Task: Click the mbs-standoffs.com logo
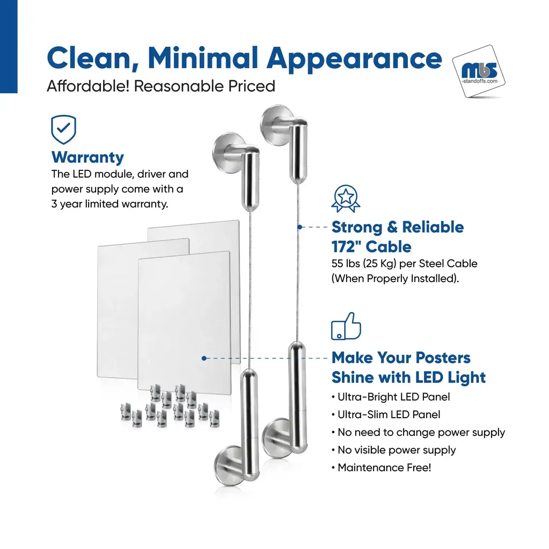[x=479, y=71]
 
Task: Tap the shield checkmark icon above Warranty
[x=63, y=130]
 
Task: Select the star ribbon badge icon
[x=346, y=198]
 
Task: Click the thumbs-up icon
[x=346, y=326]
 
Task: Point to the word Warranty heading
[x=87, y=158]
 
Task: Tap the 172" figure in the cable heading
[x=346, y=247]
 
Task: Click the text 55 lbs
[x=346, y=263]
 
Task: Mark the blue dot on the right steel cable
[x=300, y=227]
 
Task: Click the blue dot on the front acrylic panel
[x=204, y=358]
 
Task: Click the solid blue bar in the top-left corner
[x=9, y=47]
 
